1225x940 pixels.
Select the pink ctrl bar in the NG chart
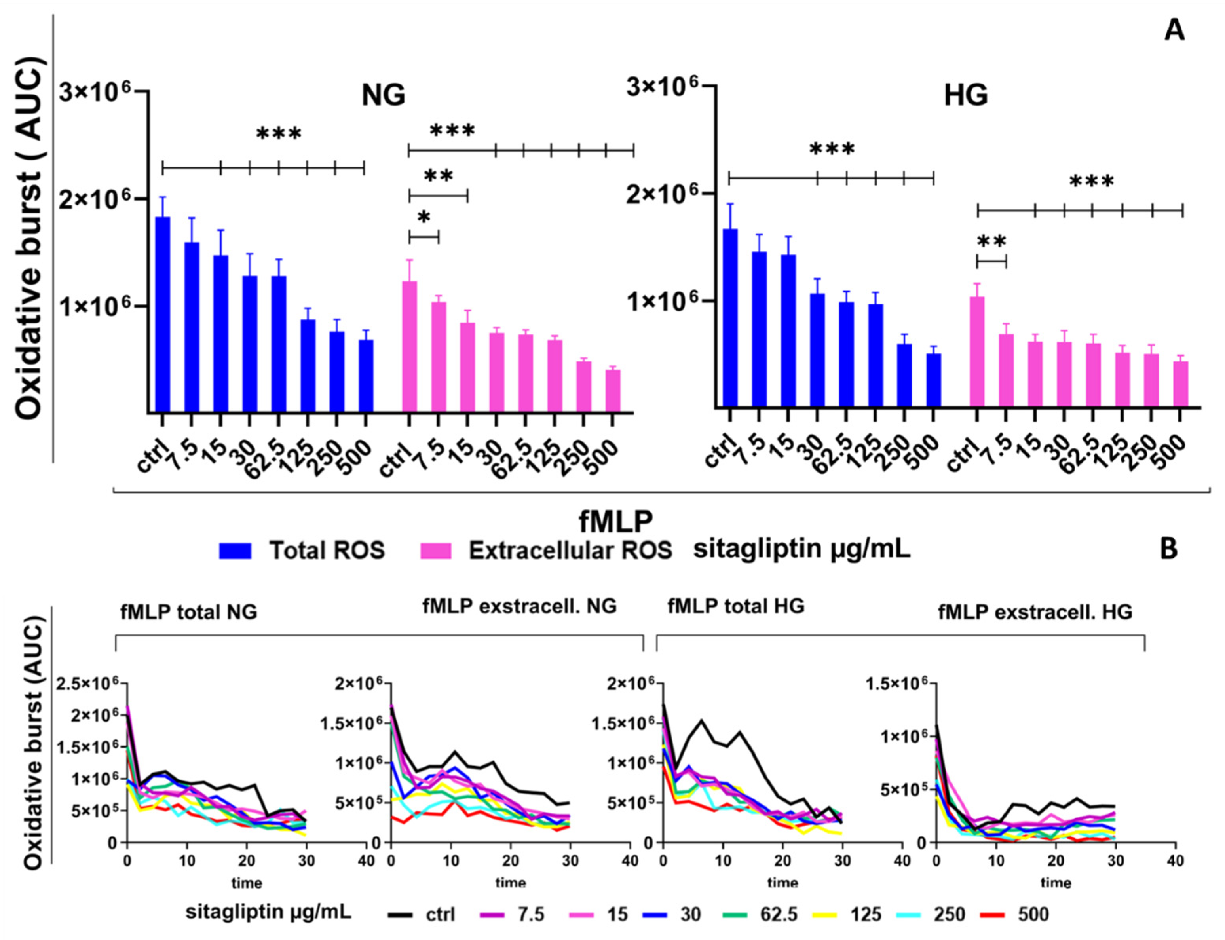coord(410,347)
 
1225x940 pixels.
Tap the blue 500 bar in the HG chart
coord(933,380)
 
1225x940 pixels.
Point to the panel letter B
coord(1168,549)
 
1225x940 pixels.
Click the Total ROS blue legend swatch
coord(236,551)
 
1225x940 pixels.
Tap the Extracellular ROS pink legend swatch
coord(435,551)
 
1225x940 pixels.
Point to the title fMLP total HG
coord(736,606)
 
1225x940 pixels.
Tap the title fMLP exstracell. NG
coord(519,606)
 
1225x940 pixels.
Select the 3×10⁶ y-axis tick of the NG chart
coord(94,91)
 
